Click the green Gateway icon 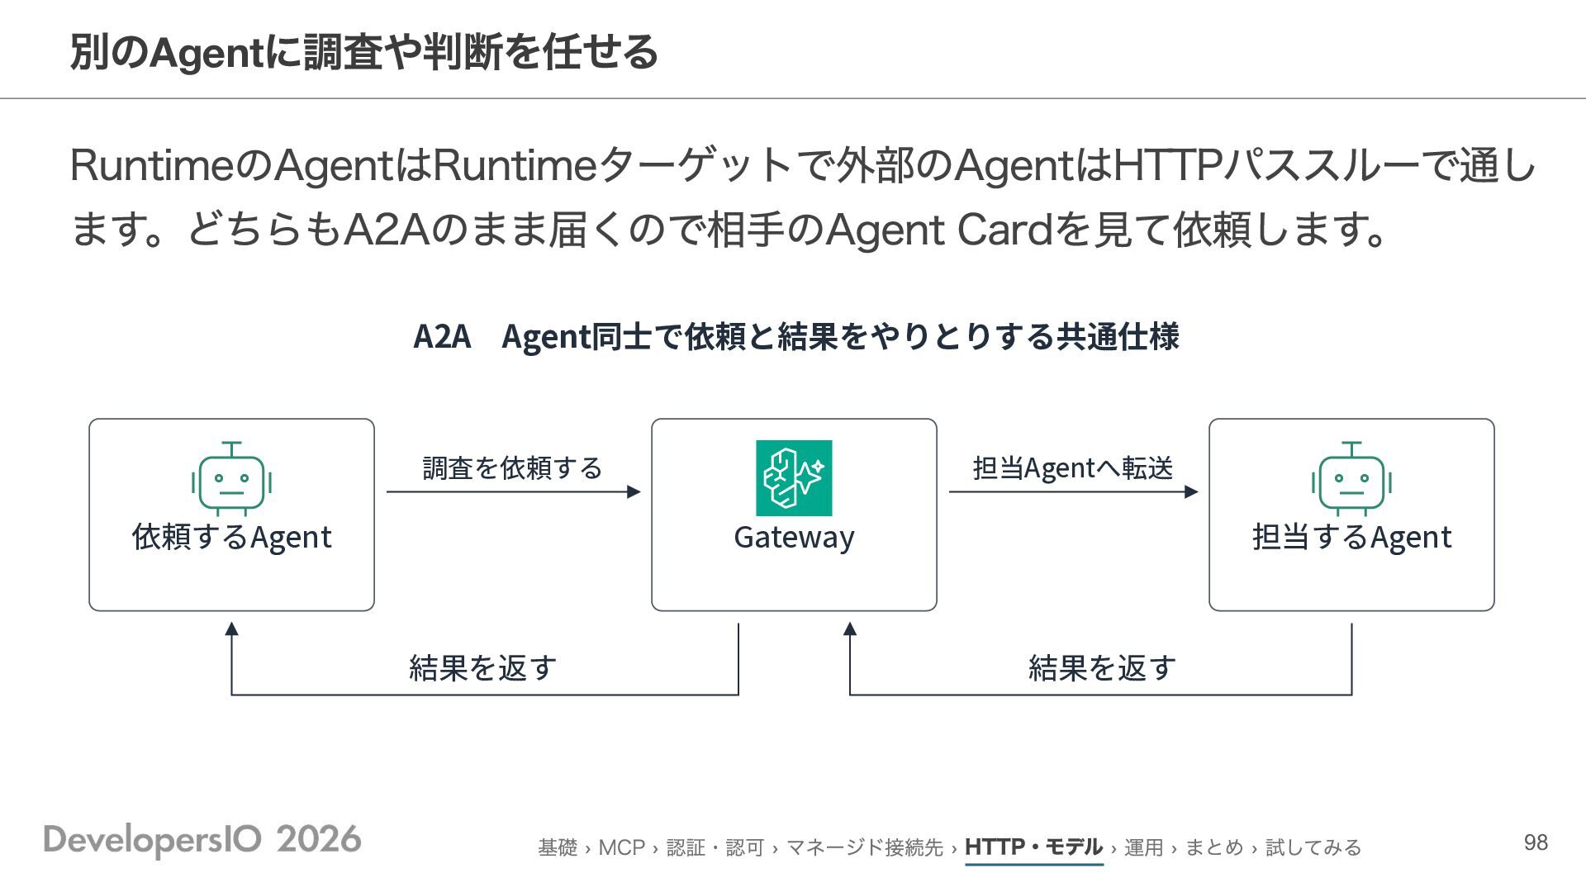pos(794,478)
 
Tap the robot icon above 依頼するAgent pos(231,478)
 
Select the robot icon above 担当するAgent pos(1351,478)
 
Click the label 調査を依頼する pos(512,468)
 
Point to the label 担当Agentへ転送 pos(1073,468)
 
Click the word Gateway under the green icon pos(794,537)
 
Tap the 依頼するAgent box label pos(231,537)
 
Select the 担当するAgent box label pos(1351,537)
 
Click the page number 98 pos(1536,842)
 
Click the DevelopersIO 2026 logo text pos(202,840)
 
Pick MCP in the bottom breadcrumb pos(621,848)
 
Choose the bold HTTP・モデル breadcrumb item pos(1033,847)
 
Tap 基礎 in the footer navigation pos(558,848)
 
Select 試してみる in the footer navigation pos(1313,848)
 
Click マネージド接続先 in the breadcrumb pos(864,848)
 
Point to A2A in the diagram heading pos(442,337)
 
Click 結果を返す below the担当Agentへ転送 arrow pos(1102,667)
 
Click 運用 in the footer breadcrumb pos(1144,848)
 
